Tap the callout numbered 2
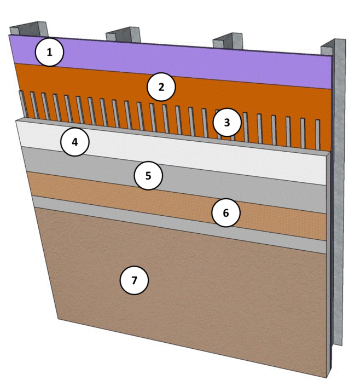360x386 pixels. pyautogui.click(x=160, y=87)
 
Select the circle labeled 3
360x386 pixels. pyautogui.click(x=227, y=123)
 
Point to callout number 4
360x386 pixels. pyautogui.click(x=74, y=142)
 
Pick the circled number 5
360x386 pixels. pyautogui.click(x=149, y=176)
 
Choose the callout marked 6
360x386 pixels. pyautogui.click(x=226, y=213)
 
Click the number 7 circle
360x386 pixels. pyautogui.click(x=135, y=280)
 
